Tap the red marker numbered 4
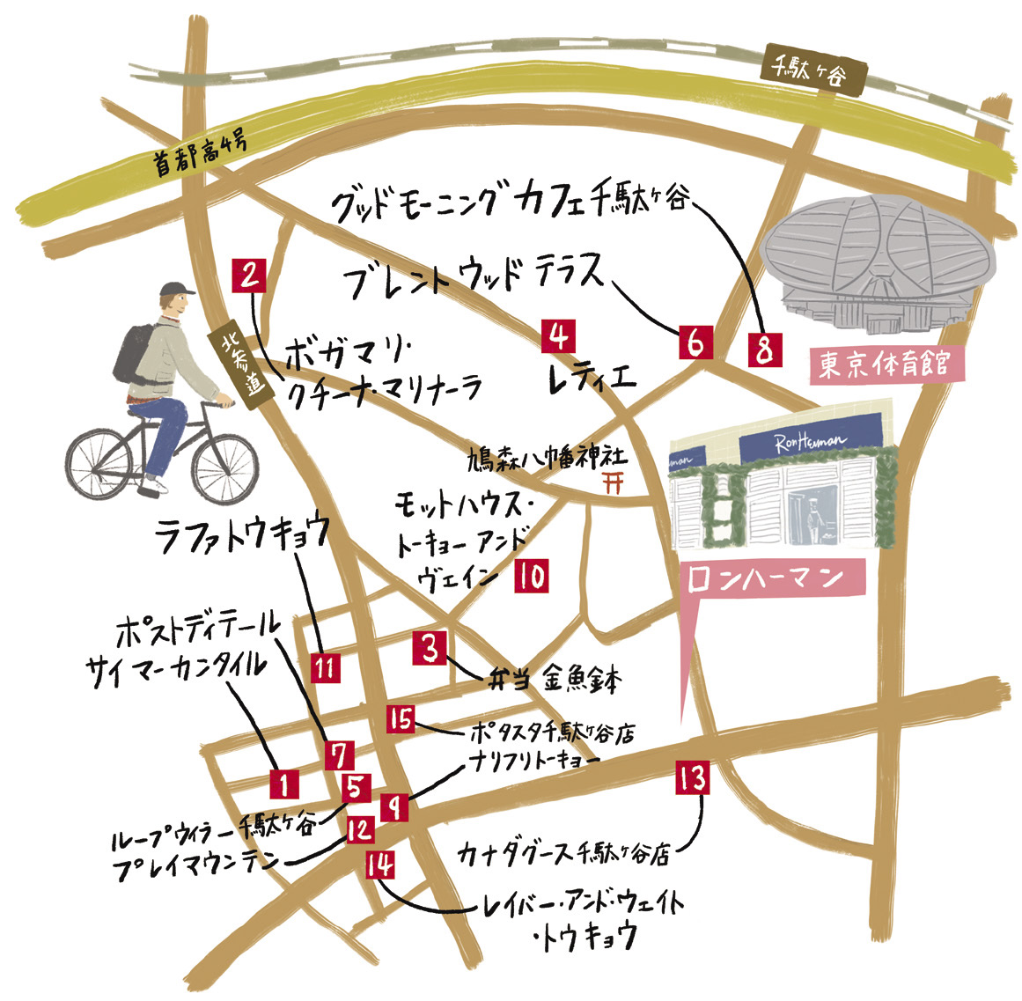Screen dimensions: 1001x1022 tap(559, 336)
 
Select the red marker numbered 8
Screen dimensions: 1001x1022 tap(763, 350)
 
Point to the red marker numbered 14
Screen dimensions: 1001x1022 tap(380, 866)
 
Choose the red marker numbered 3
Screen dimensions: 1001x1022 tap(430, 649)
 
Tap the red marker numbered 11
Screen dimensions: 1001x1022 tap(326, 666)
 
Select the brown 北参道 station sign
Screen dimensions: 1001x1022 tap(239, 367)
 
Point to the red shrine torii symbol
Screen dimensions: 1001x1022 tap(608, 482)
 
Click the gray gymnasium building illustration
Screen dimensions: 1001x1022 tap(880, 255)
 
